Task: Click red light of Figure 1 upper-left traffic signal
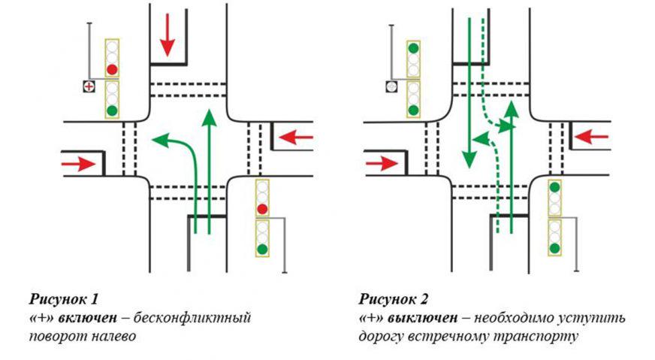pyautogui.click(x=113, y=70)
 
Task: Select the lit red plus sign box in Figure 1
pyautogui.click(x=89, y=87)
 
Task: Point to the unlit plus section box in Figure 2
pyautogui.click(x=391, y=87)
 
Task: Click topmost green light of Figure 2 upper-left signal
pyautogui.click(x=412, y=49)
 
